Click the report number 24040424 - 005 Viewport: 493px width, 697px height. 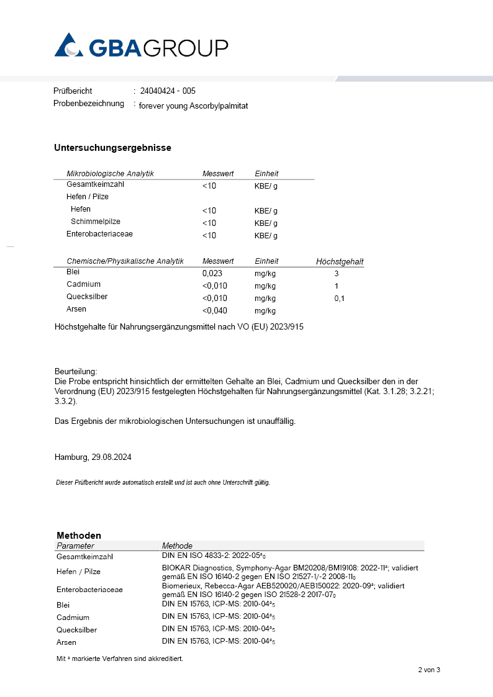coord(168,91)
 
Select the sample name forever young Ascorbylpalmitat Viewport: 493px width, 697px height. coord(193,106)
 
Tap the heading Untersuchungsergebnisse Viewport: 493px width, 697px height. coord(112,148)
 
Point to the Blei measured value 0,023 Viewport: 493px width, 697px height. coord(212,273)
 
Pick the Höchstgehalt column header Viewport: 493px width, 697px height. coord(340,262)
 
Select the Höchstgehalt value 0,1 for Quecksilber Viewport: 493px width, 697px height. coord(339,299)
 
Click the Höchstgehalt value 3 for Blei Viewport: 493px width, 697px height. coord(337,273)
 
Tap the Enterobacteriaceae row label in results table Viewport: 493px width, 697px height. coord(99,235)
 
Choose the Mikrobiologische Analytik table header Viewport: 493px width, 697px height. coord(110,174)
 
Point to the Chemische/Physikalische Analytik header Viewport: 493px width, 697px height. coord(125,261)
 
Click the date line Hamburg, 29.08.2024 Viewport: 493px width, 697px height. coord(93,457)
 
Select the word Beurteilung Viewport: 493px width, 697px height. coord(76,371)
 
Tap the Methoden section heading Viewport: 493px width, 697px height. coord(79,535)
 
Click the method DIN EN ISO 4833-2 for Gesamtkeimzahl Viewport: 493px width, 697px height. coord(218,556)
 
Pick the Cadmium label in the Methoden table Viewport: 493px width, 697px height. coord(73,617)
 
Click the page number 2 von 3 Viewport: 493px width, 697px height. coord(428,670)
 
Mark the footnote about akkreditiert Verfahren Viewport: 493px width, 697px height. coord(120,659)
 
